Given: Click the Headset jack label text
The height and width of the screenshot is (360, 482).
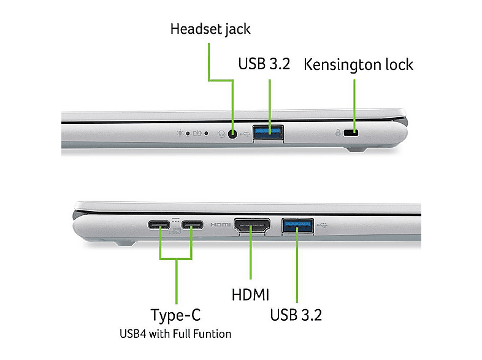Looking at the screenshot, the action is [x=210, y=29].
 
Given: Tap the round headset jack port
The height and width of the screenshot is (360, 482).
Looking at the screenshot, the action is [x=232, y=134].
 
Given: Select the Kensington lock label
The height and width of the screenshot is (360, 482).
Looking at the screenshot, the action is [x=358, y=65].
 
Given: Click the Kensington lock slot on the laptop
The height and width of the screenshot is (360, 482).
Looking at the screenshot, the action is [x=351, y=133].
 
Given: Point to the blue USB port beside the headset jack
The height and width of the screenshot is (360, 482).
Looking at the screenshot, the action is [x=268, y=132].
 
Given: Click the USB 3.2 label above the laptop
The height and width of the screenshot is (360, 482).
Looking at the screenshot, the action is [x=264, y=64].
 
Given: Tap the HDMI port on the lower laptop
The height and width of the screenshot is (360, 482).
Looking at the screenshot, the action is [x=252, y=226].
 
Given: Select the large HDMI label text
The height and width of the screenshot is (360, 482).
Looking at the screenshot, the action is [x=251, y=294].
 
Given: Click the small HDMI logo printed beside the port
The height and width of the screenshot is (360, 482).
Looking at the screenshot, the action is [x=220, y=224].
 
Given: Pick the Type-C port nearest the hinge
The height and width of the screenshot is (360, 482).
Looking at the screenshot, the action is [x=159, y=224].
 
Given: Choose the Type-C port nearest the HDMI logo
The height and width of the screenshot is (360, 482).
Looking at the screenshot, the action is [x=192, y=224].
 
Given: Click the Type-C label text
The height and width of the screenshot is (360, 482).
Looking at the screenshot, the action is [x=175, y=315].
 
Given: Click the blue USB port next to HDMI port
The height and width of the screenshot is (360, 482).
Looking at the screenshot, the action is [x=297, y=226].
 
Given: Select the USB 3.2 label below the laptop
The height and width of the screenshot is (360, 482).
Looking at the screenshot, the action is [x=296, y=315].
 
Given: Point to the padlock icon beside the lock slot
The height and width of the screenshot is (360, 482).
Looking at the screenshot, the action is [x=338, y=133].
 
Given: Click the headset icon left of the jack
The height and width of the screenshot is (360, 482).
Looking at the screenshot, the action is [x=221, y=134].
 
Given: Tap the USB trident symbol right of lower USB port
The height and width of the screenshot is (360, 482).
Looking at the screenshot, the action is [x=321, y=225].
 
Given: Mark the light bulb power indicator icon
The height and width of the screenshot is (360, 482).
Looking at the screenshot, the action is [x=180, y=133].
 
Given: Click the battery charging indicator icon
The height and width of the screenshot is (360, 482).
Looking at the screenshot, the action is [x=197, y=133].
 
